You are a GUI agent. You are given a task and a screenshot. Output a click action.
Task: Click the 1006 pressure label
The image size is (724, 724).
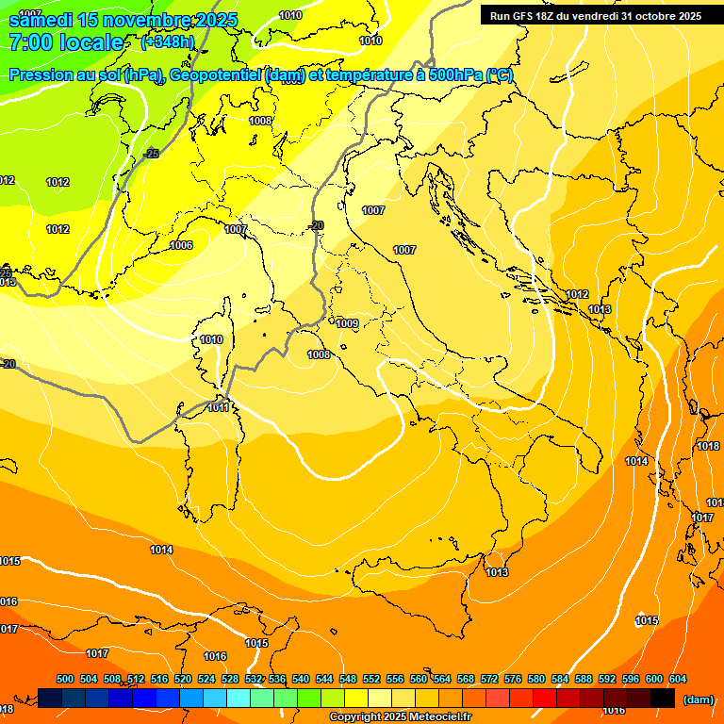pos(181,245)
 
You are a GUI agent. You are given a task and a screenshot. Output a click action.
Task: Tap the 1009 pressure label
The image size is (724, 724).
pos(347,323)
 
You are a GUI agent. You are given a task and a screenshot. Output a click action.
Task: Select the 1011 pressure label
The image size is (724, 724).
pos(219,407)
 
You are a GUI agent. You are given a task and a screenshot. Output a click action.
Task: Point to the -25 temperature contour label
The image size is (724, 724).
pos(151,153)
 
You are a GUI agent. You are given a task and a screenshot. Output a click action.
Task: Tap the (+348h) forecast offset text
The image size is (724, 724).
pos(167,42)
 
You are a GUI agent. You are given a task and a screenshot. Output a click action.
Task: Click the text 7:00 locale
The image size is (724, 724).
pos(66,42)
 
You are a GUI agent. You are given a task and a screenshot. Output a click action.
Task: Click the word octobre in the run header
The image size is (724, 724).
pos(650,16)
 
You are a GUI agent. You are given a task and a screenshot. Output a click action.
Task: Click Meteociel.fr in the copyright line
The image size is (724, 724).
pos(439,717)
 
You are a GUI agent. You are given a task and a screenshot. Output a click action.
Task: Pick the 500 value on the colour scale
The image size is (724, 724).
pos(65,679)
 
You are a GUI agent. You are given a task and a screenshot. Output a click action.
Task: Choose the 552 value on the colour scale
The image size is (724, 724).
pos(371,679)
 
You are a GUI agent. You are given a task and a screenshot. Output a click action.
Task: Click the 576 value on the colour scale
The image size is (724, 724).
pos(513,679)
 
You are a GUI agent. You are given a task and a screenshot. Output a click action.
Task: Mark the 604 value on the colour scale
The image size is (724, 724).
pos(678,679)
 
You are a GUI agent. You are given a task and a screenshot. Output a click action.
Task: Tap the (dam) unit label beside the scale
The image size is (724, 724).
pos(698,699)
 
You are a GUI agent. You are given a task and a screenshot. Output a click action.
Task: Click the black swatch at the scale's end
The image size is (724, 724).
pos(662,698)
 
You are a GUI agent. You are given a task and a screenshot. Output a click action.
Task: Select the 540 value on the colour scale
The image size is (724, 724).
pos(301,679)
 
